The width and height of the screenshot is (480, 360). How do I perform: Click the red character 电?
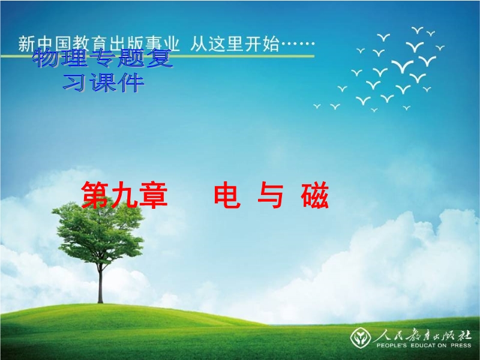227,194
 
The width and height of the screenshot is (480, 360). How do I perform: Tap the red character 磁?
314,196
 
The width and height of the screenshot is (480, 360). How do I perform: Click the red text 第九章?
125,195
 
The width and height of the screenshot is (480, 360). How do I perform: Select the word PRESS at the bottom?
461,346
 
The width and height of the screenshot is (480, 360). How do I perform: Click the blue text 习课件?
103,83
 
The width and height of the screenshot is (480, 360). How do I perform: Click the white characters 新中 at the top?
36,44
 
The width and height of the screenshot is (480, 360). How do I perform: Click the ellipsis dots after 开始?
298,43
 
